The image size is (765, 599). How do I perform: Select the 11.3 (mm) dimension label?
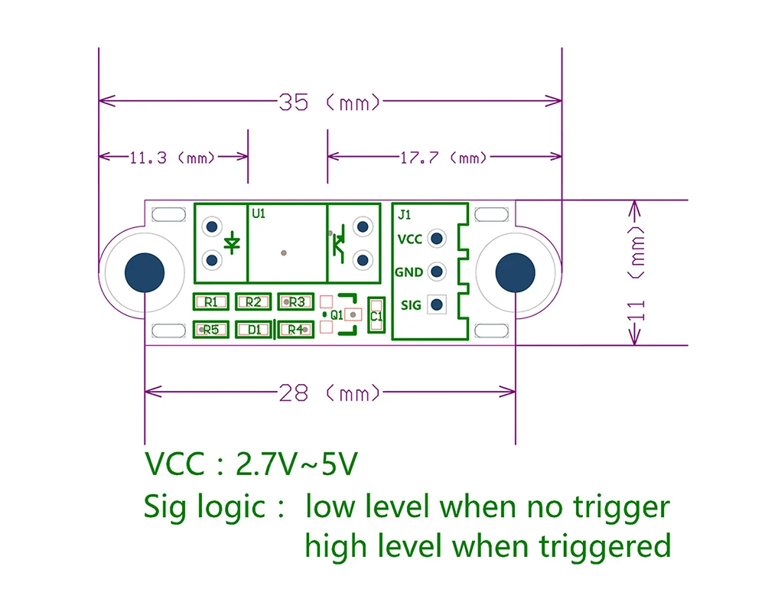tap(173, 158)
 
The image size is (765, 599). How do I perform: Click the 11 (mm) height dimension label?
tap(638, 273)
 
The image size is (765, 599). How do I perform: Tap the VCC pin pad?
tap(437, 239)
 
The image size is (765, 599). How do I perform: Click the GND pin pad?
tap(437, 272)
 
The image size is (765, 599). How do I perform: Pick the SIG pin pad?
tap(437, 304)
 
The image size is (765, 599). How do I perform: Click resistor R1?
tap(212, 302)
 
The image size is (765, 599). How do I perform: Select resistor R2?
tap(254, 302)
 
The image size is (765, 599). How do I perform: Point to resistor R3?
tap(296, 302)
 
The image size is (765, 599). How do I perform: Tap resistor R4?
tap(296, 330)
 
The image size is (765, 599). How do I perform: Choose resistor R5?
tap(212, 330)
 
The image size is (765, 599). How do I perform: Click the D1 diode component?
tap(254, 330)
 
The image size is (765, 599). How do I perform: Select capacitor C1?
tap(376, 314)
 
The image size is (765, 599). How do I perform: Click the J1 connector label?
tap(406, 214)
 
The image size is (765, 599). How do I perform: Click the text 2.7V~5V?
tap(297, 464)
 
